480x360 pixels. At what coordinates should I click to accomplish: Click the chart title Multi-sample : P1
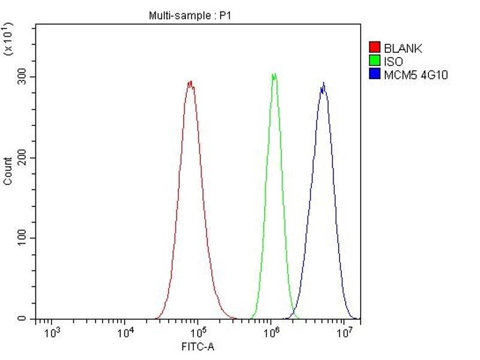click(x=189, y=16)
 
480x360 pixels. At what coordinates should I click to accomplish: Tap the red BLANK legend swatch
click(x=375, y=48)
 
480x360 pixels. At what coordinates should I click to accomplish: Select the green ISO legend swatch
click(x=375, y=61)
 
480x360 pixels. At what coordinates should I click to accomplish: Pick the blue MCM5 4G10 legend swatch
click(x=375, y=74)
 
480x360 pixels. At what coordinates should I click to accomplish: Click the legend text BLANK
click(x=403, y=48)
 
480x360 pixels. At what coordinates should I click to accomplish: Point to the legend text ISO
click(x=394, y=61)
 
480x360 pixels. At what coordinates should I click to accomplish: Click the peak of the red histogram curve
click(x=190, y=82)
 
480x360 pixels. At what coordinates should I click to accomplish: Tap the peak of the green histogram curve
click(x=274, y=75)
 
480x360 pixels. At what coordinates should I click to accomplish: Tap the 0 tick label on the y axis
click(x=25, y=319)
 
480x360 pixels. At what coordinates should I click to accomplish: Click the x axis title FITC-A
click(x=197, y=347)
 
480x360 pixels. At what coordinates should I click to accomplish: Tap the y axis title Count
click(x=8, y=171)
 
